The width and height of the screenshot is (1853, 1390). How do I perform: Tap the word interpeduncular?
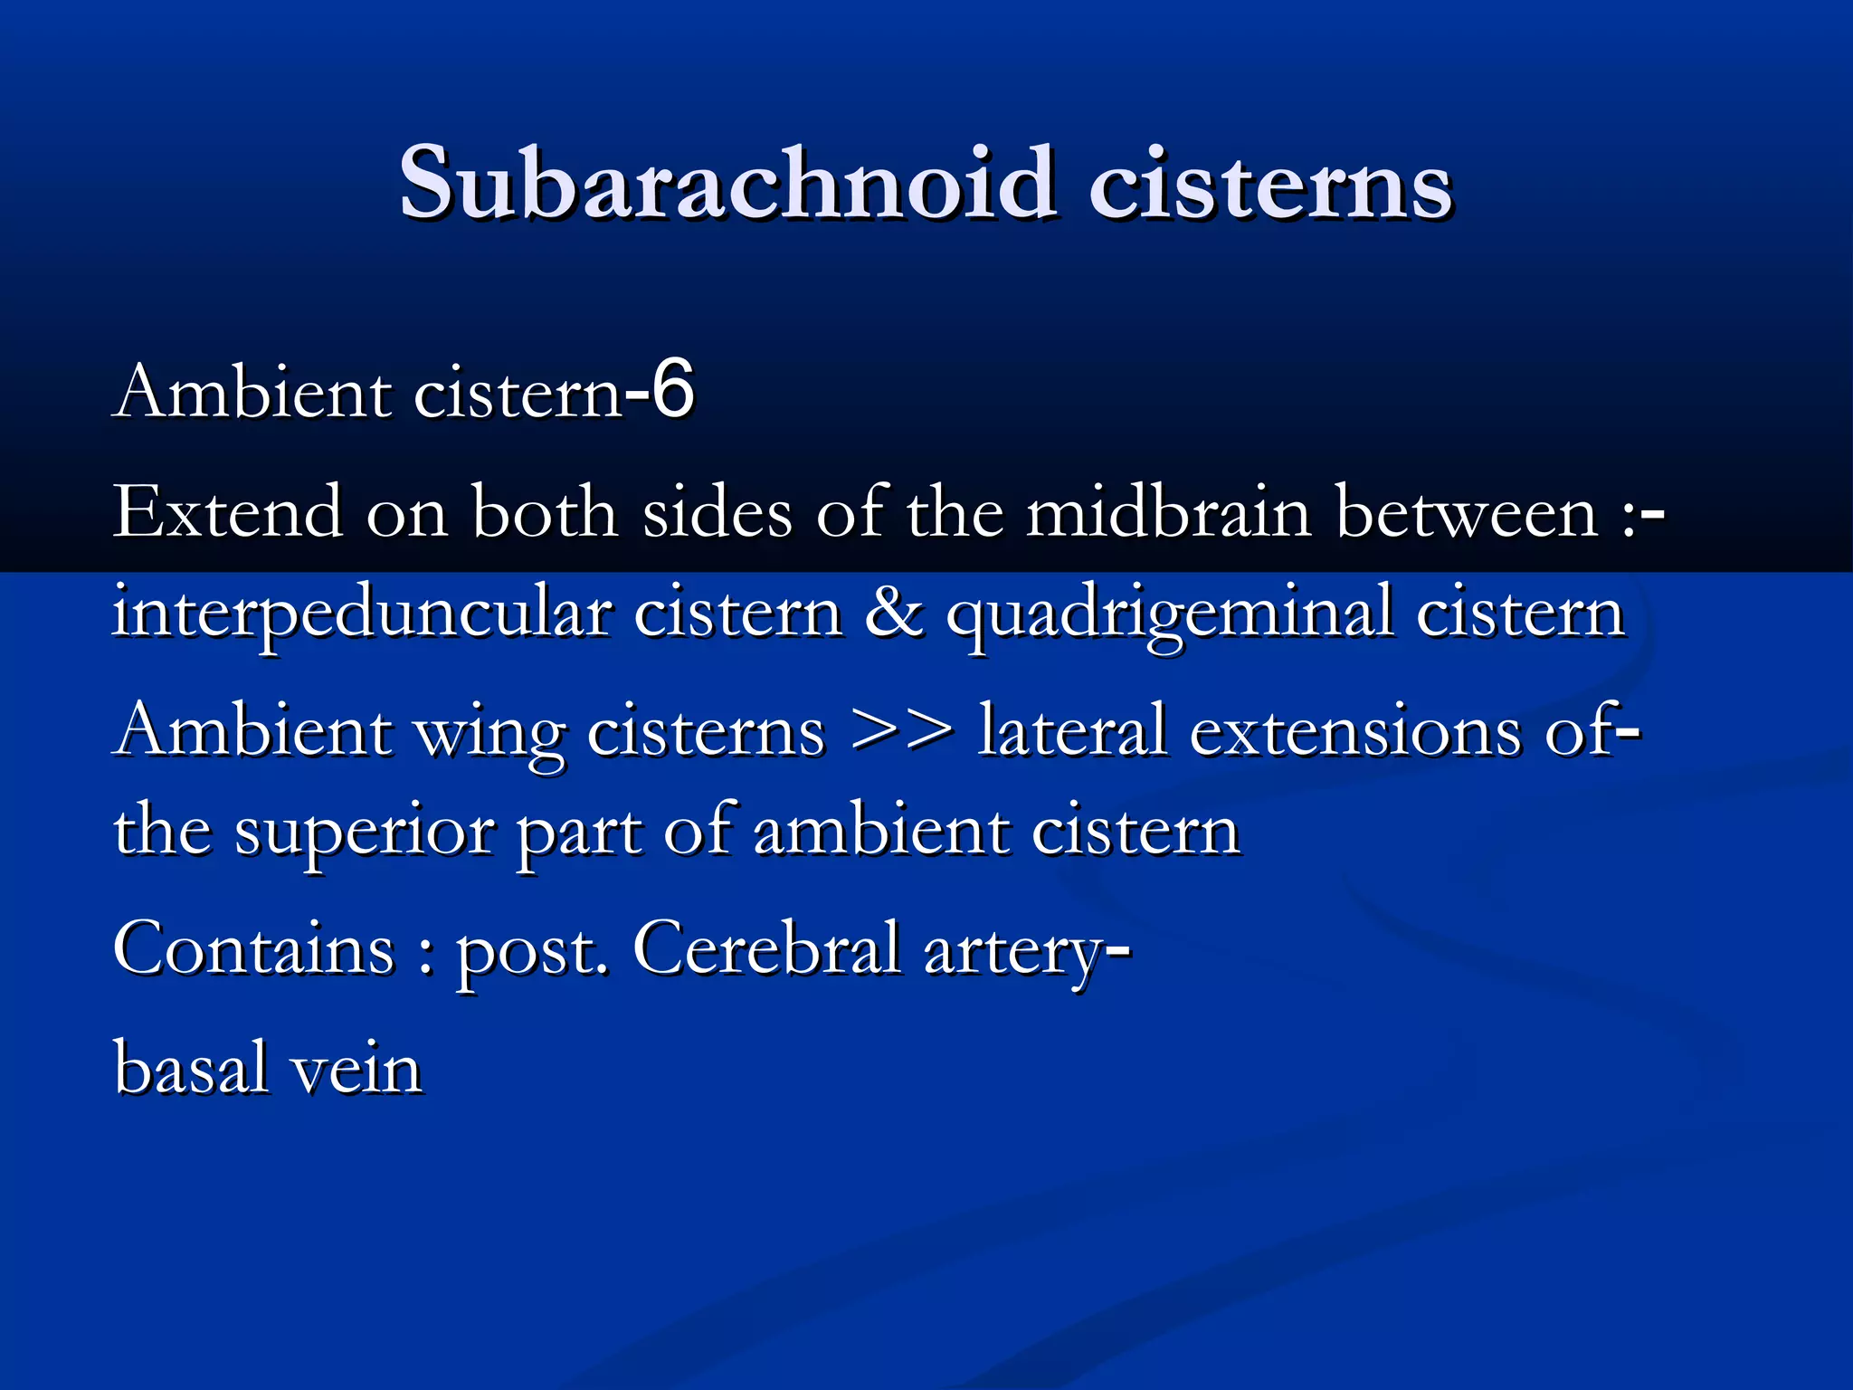(362, 615)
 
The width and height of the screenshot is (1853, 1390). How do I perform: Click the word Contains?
(254, 950)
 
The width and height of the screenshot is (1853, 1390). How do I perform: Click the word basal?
(191, 1069)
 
